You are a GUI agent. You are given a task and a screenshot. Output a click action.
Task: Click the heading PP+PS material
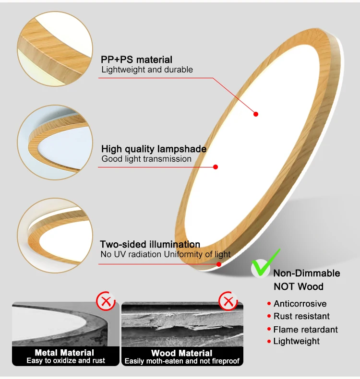point(136,59)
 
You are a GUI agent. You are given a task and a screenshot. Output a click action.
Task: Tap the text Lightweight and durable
point(147,70)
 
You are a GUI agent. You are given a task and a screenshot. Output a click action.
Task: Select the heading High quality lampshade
point(154,149)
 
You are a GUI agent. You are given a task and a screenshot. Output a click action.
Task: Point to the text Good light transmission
point(146,159)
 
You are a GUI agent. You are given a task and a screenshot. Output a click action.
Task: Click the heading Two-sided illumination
point(150,244)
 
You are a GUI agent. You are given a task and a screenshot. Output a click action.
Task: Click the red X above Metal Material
point(106,301)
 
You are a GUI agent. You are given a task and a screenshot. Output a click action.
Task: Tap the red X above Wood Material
point(228,301)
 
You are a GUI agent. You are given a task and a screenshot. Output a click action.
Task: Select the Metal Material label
point(64,353)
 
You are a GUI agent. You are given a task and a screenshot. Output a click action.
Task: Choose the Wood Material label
point(181,353)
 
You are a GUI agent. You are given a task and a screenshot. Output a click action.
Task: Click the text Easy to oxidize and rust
point(65,360)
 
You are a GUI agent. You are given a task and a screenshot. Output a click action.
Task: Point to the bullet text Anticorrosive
point(300,304)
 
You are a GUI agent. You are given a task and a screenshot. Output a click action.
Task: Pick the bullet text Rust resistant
point(301,316)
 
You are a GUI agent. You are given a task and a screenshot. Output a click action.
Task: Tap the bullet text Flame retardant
point(305,330)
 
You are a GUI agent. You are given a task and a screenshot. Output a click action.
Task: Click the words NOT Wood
point(298,286)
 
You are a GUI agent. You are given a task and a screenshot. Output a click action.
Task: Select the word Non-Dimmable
point(306,273)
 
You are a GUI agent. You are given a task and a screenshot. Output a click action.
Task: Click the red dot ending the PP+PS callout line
point(256,114)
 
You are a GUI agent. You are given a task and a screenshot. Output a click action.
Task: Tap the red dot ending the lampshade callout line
point(216,167)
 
